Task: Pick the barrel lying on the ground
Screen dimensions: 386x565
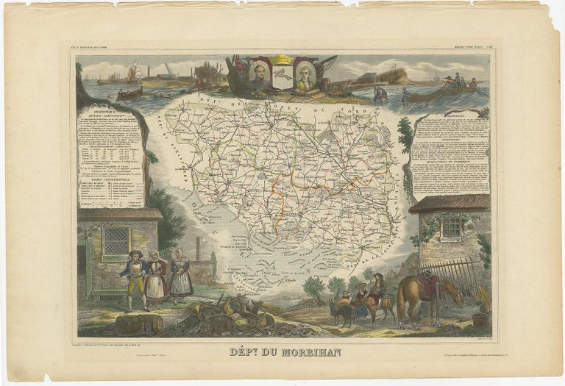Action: tap(138, 323)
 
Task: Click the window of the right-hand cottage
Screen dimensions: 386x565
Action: tap(452, 227)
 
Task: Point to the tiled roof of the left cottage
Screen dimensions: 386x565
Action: tap(119, 214)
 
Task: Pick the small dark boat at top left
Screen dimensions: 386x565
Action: tap(129, 93)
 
